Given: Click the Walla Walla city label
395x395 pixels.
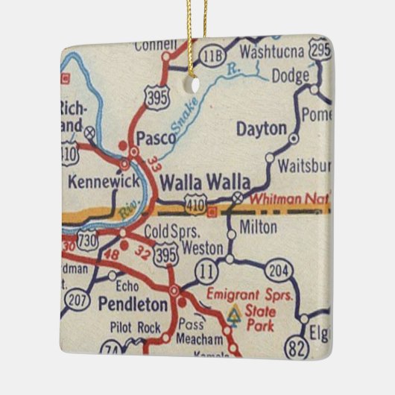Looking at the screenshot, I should tap(199, 181).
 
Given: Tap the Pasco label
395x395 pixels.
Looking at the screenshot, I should tap(156, 138).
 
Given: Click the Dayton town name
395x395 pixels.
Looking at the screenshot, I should tap(261, 128).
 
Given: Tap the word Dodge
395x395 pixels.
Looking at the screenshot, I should tap(290, 75).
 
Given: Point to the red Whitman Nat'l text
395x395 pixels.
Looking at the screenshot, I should tap(287, 199).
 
